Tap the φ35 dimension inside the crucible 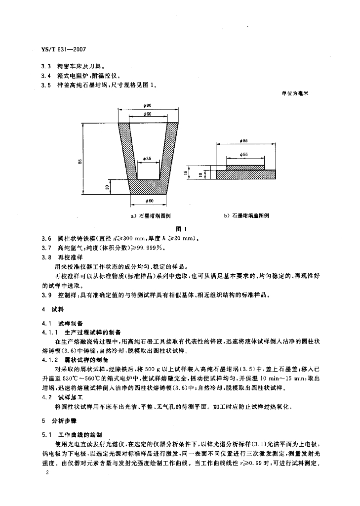coord(148,158)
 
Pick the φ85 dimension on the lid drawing coord(245,141)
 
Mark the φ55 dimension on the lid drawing coord(245,155)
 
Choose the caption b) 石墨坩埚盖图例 coord(245,216)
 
